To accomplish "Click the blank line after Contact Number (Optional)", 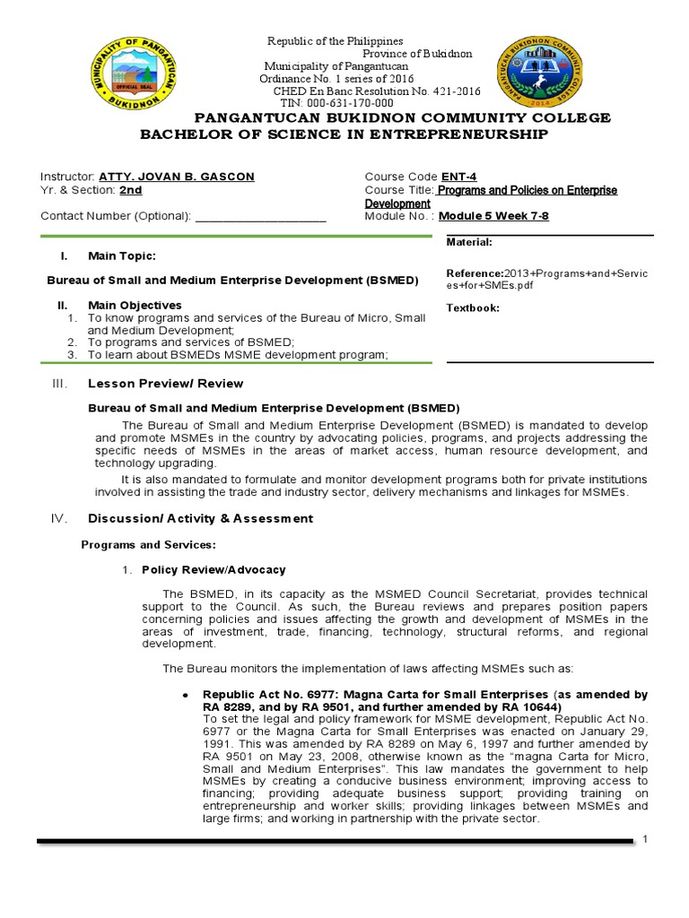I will coord(260,216).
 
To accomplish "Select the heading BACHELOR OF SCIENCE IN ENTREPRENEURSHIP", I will coord(343,134).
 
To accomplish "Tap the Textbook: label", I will coord(473,308).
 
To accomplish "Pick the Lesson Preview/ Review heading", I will coord(165,384).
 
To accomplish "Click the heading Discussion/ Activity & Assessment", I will coord(200,518).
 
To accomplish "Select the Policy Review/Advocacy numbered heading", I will coord(214,570).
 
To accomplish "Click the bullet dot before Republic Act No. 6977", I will coord(184,695).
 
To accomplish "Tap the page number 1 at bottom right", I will coord(644,837).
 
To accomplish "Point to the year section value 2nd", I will coord(131,190).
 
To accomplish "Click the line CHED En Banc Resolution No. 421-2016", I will coord(370,91).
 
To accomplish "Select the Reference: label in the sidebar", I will coord(475,273).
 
